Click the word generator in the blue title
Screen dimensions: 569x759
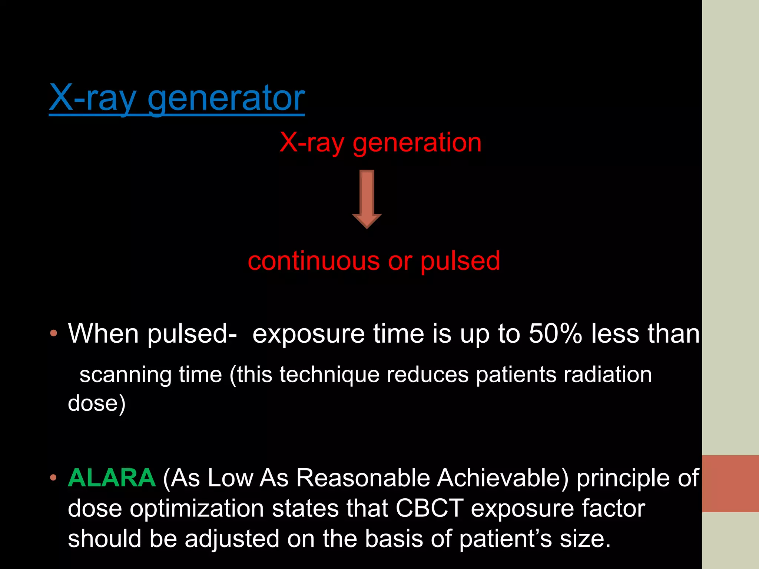(x=226, y=98)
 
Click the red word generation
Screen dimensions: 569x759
(x=417, y=143)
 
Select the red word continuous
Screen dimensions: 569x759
(x=314, y=261)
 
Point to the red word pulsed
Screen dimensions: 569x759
(x=460, y=261)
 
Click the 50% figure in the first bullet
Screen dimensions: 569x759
(x=555, y=333)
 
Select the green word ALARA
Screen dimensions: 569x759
(x=112, y=478)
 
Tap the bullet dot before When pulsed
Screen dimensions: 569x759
(x=54, y=333)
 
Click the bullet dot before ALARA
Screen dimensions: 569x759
(x=54, y=478)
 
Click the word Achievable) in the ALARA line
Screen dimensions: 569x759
(x=503, y=478)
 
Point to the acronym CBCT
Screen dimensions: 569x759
(x=430, y=508)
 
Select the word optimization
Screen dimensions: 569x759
(x=196, y=508)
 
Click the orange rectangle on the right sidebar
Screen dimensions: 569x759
(x=730, y=483)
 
